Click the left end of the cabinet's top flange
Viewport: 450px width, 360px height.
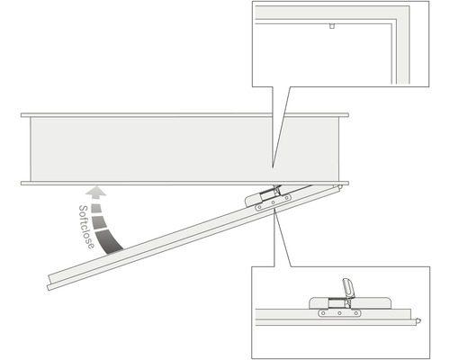(24, 115)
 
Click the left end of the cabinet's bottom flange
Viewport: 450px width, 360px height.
(24, 184)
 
